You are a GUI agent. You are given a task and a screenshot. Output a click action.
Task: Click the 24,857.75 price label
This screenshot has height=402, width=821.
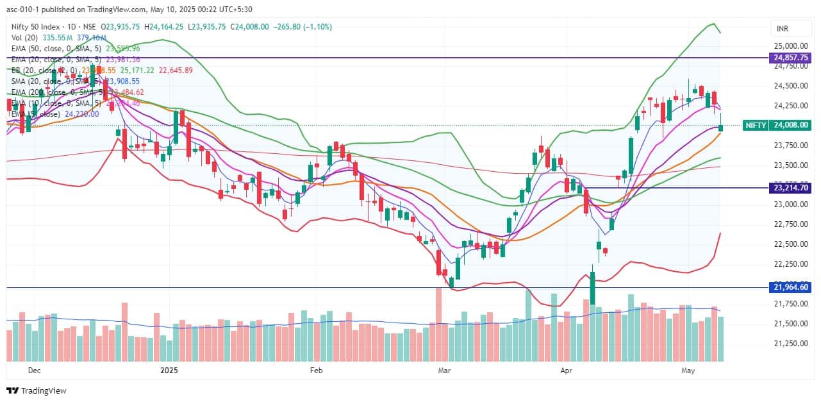[x=790, y=58]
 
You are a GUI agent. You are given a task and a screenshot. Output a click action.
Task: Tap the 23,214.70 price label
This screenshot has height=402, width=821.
[x=790, y=188]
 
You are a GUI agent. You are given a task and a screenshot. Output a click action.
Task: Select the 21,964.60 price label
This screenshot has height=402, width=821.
[x=790, y=288]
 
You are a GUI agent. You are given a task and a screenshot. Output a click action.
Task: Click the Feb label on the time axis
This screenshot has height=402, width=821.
[x=315, y=371]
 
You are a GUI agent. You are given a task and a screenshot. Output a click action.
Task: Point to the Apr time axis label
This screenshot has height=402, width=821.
[x=566, y=371]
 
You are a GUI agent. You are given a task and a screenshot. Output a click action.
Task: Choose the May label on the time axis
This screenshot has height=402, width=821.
[x=688, y=371]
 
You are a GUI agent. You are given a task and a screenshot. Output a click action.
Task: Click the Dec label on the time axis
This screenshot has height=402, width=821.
[x=35, y=371]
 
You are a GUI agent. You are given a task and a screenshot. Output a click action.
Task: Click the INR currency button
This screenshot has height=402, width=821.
[x=782, y=29]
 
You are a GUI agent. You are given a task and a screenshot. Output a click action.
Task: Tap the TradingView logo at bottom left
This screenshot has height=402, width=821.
[x=37, y=390]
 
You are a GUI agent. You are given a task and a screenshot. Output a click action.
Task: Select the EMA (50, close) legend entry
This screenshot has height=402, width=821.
[x=51, y=48]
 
